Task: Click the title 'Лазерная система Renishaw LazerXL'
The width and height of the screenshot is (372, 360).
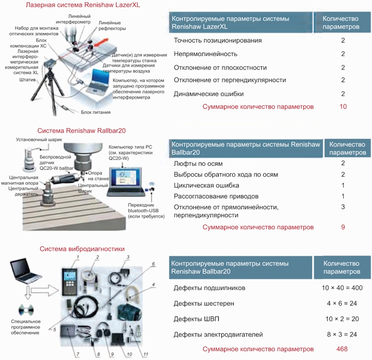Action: (x=83, y=5)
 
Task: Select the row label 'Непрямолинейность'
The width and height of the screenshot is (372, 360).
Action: (x=206, y=54)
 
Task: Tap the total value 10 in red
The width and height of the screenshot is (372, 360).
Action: (x=343, y=107)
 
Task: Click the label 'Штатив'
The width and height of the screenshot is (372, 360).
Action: (x=27, y=80)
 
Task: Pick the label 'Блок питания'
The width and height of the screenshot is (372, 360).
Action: (x=96, y=112)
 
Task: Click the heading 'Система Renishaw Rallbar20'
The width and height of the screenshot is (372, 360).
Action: (x=81, y=131)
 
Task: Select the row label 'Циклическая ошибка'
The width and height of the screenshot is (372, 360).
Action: (x=206, y=185)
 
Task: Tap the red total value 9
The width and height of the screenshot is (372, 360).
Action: (x=343, y=227)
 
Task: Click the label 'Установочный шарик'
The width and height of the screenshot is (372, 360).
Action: (x=39, y=140)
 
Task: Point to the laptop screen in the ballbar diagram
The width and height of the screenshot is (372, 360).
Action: (x=125, y=177)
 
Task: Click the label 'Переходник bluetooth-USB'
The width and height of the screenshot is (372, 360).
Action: (x=143, y=208)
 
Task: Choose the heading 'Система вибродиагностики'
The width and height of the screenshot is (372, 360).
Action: (x=82, y=249)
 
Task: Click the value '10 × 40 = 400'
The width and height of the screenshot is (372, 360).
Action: (x=342, y=288)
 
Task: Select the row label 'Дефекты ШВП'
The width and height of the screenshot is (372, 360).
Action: (x=196, y=319)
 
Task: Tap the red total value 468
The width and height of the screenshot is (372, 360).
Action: (x=342, y=349)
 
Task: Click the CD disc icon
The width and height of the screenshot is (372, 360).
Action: (x=26, y=310)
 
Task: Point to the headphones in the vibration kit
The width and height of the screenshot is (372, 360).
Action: (x=103, y=330)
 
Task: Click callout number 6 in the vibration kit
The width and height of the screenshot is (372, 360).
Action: (x=153, y=264)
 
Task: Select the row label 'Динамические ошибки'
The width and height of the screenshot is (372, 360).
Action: (x=209, y=94)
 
